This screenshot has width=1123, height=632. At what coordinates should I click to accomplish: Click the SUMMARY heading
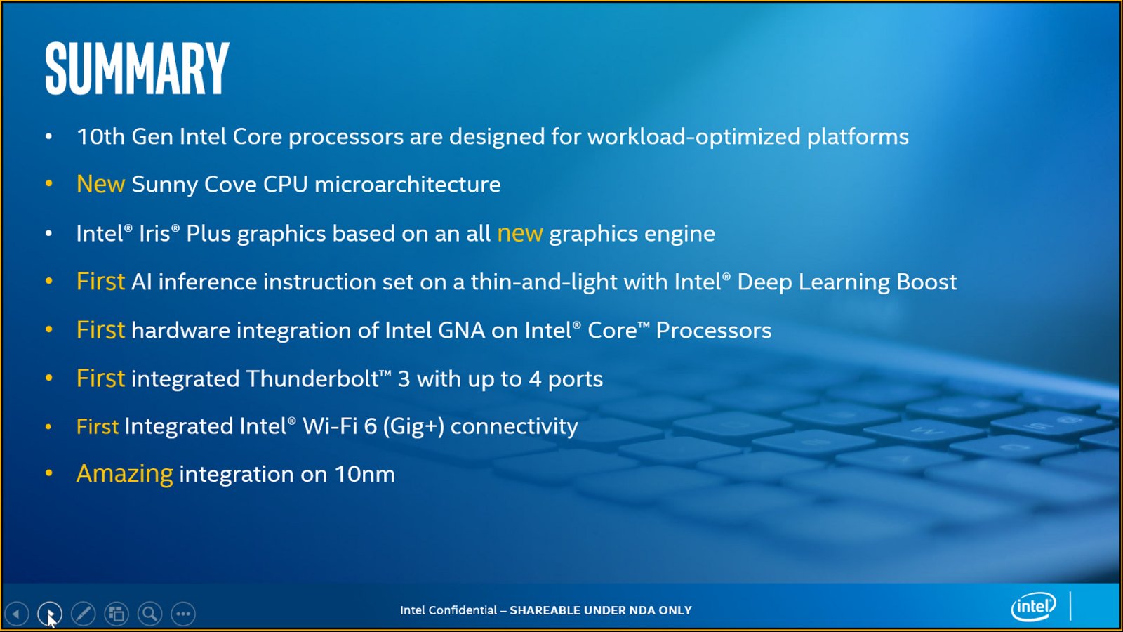tap(137, 68)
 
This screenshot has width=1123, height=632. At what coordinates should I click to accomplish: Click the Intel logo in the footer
tap(1033, 607)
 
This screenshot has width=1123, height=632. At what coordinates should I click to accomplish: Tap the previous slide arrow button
tap(16, 614)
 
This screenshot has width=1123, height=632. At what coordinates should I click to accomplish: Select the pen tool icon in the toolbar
tap(83, 614)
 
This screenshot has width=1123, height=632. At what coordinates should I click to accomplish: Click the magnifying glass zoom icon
tap(149, 614)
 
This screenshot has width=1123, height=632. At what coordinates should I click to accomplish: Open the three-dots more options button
tap(183, 614)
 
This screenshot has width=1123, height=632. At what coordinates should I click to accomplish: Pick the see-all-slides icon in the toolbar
tap(117, 614)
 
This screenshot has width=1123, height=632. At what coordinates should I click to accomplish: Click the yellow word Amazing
tap(124, 474)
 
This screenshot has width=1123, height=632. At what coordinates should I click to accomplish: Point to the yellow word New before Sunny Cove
tap(100, 184)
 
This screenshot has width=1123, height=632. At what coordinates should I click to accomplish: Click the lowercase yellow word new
tap(519, 233)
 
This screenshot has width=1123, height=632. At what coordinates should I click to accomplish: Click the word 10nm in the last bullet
tap(364, 474)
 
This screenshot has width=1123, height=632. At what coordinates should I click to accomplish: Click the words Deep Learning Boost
tap(846, 282)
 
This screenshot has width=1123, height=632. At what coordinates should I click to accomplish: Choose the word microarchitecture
tap(407, 185)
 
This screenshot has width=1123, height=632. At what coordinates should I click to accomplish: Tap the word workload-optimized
tap(693, 136)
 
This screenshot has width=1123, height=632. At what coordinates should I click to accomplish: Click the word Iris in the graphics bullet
tap(154, 233)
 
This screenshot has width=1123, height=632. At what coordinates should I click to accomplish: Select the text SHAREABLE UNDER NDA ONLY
tap(601, 610)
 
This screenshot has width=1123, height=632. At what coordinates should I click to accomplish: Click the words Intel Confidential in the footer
tap(448, 610)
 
